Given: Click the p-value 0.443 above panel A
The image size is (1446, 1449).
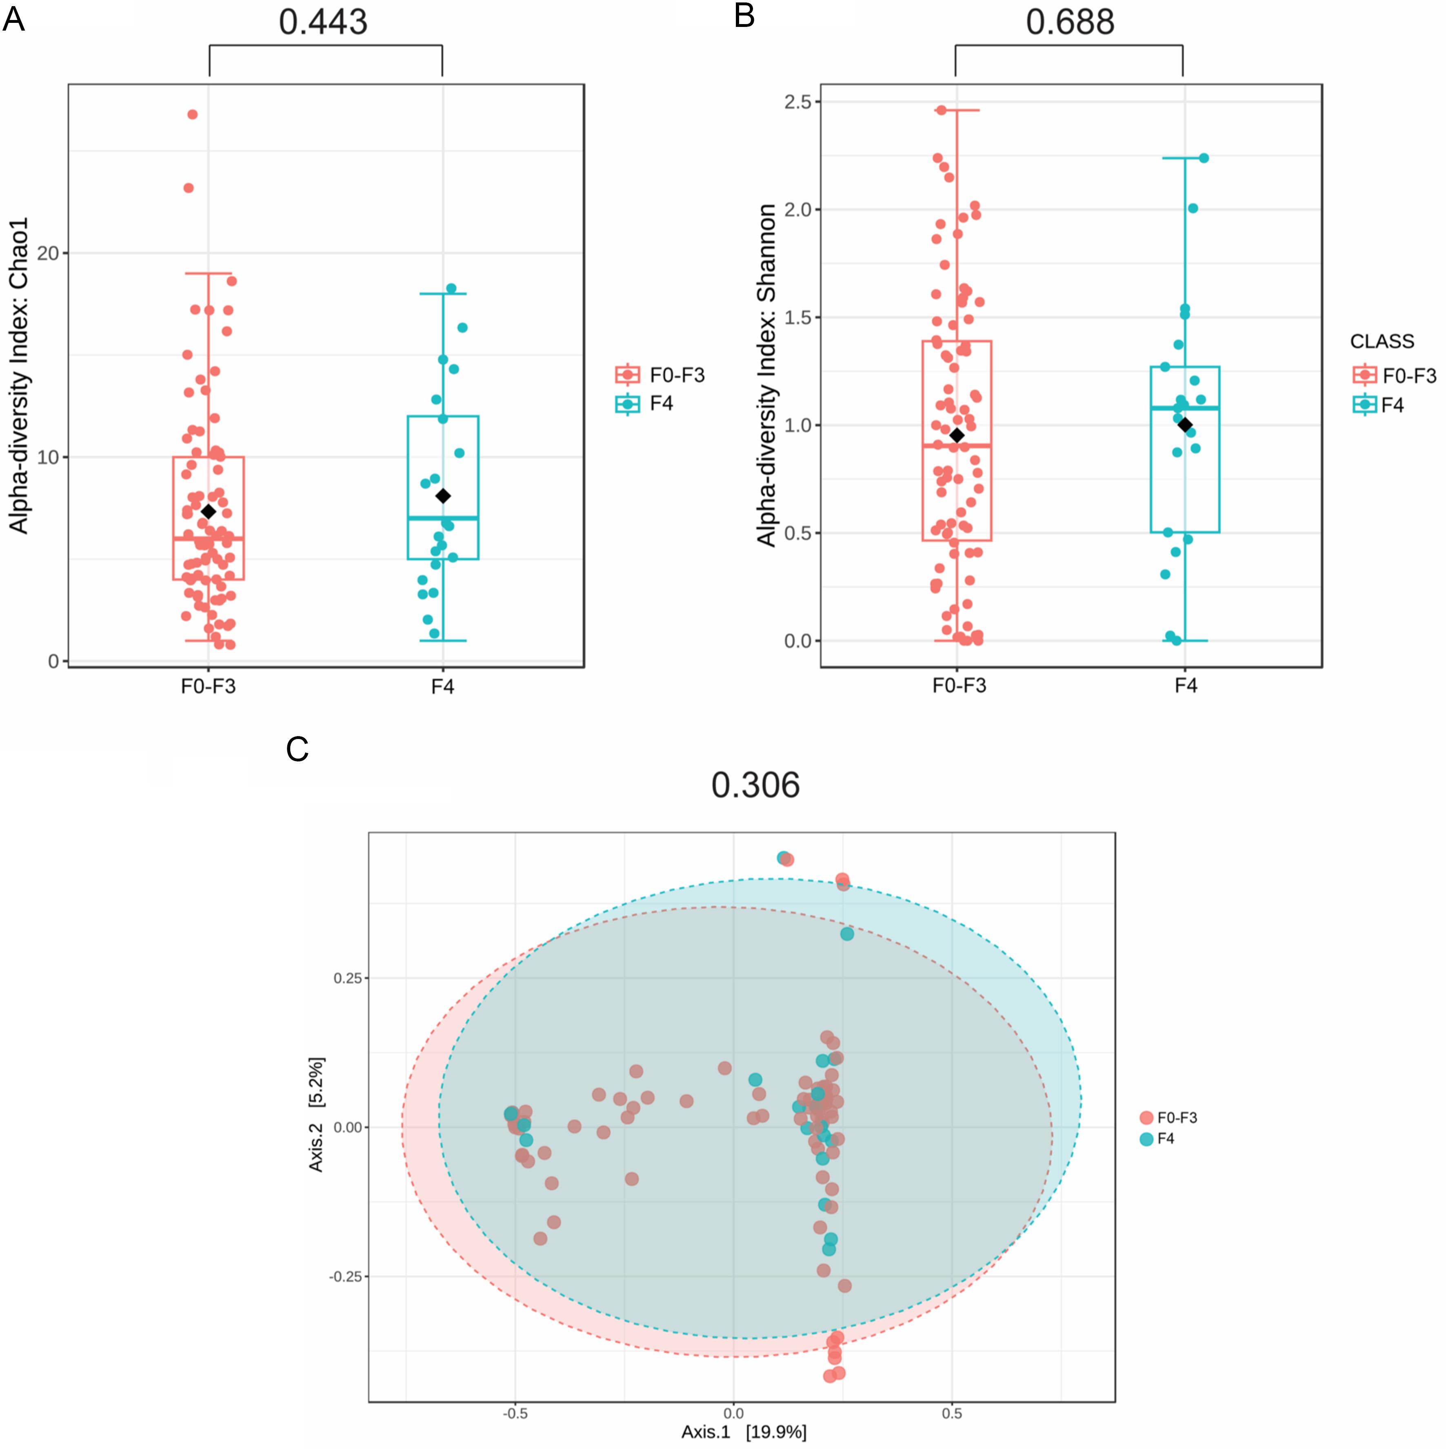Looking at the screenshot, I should tap(323, 22).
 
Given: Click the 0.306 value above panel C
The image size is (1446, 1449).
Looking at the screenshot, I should tap(755, 785).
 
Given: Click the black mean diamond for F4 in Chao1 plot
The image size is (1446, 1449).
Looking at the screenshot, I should tap(443, 496).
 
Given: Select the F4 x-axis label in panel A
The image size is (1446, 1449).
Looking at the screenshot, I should tap(442, 687).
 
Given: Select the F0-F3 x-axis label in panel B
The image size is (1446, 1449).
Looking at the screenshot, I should tap(959, 686).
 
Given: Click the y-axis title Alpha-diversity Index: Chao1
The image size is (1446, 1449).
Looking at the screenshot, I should tap(19, 375).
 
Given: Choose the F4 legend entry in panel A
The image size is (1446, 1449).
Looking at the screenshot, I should tap(660, 404).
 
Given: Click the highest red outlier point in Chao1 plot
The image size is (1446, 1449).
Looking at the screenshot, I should tap(192, 115).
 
